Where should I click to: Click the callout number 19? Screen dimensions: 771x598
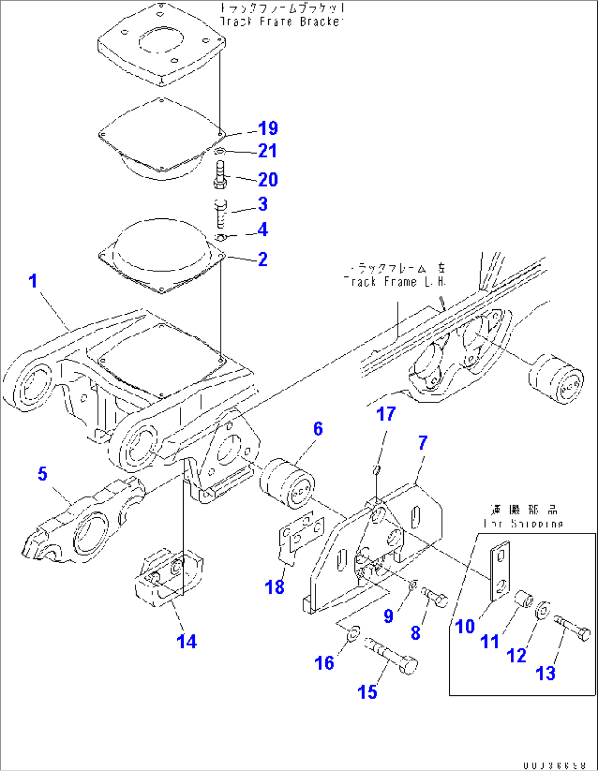(x=268, y=128)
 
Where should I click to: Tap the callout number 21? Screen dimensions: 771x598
(x=267, y=151)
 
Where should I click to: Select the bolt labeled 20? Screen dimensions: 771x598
(x=219, y=175)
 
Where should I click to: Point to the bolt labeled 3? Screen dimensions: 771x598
(x=221, y=213)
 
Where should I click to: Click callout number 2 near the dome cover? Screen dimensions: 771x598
(x=263, y=259)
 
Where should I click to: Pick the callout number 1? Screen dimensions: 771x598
(x=33, y=281)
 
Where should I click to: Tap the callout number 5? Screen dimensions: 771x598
(x=42, y=474)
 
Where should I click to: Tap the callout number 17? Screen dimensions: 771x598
(x=386, y=414)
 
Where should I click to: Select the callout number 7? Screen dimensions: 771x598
(x=422, y=443)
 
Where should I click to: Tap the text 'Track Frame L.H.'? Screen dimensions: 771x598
(x=395, y=281)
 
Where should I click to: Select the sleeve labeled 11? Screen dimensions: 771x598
(x=524, y=600)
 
